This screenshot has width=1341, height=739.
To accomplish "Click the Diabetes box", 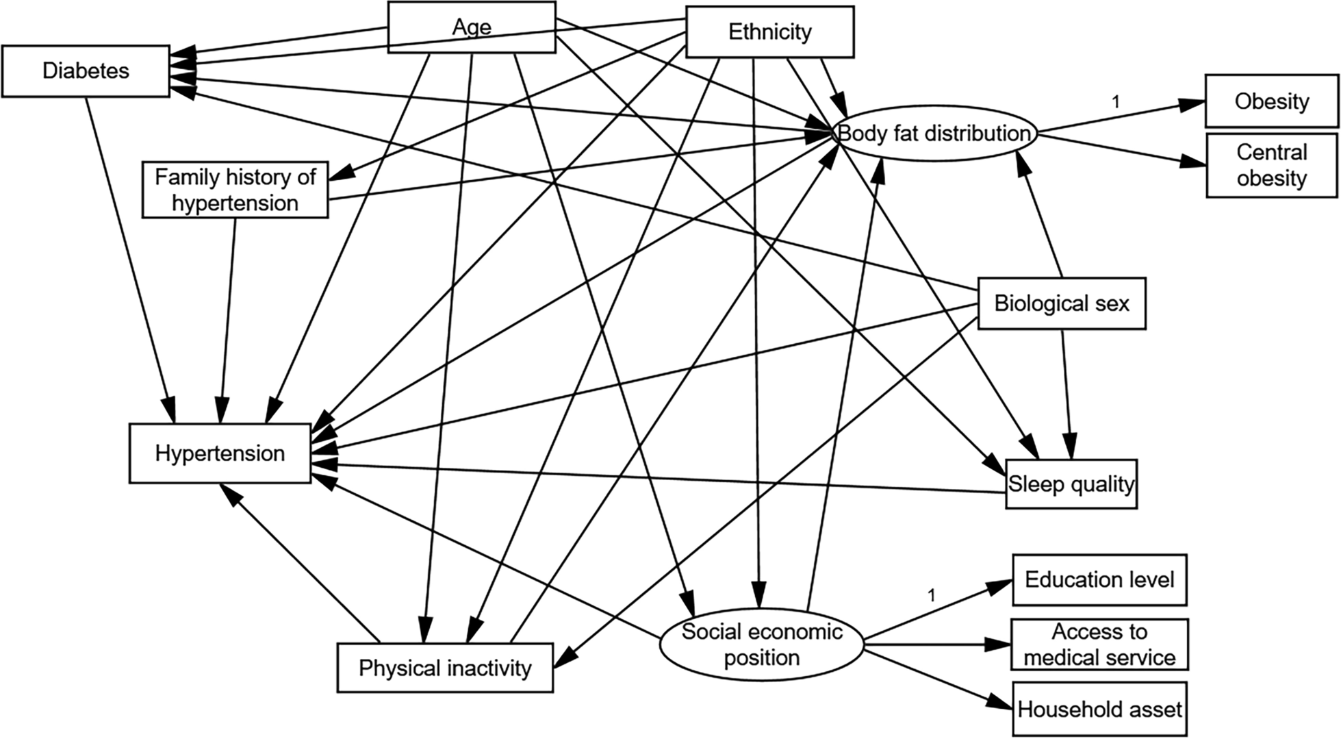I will (86, 71).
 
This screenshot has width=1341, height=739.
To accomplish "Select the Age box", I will (472, 27).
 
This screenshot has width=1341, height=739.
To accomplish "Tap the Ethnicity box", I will (770, 32).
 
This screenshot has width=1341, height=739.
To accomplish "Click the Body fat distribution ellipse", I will (934, 133).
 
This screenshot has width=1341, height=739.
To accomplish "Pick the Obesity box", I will (1271, 102).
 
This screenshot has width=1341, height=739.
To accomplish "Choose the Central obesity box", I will (1271, 165).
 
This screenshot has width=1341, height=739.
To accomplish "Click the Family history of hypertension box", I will (235, 190).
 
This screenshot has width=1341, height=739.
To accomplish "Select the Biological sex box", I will (1061, 303).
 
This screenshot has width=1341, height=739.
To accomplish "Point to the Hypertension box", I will (220, 453).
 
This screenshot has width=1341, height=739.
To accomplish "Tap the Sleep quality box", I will (1071, 484).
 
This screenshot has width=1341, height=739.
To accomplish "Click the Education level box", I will (1099, 580).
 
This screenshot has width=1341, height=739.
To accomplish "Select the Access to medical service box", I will (1099, 644).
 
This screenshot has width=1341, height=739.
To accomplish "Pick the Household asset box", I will (1099, 709).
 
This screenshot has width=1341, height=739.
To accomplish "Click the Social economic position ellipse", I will (762, 644).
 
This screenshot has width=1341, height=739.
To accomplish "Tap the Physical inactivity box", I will (445, 668).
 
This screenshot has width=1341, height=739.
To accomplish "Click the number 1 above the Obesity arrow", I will (1116, 102).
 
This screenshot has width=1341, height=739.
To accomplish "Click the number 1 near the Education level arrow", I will (931, 595).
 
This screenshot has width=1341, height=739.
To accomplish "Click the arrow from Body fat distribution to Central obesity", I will (1123, 151).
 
